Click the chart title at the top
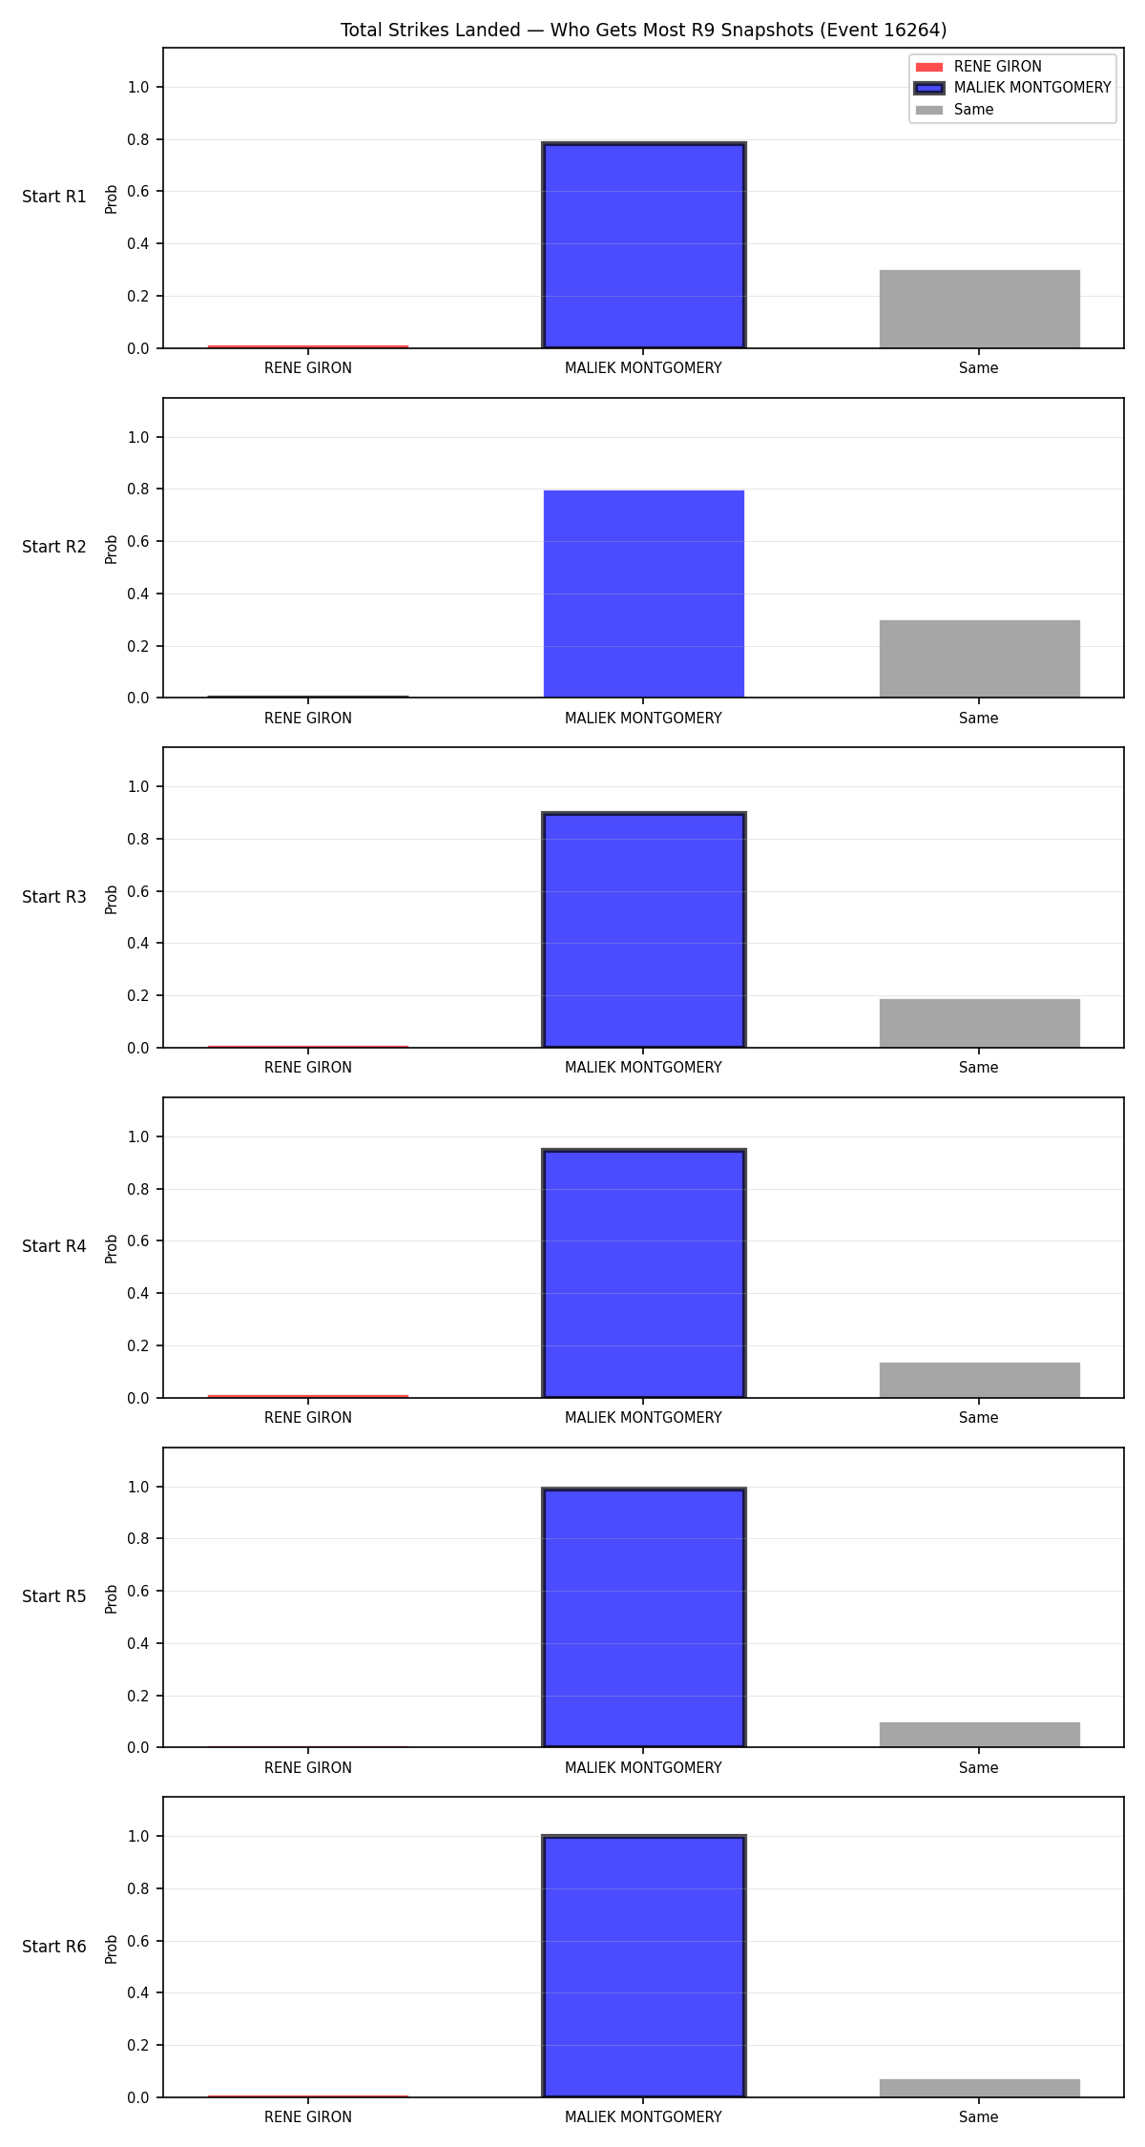tap(643, 31)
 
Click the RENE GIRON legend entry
tap(978, 67)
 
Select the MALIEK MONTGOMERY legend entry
tap(1012, 88)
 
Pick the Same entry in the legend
tap(954, 110)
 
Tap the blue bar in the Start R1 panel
tap(643, 245)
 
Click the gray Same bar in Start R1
tap(979, 309)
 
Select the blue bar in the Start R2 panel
tap(643, 594)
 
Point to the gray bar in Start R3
tap(979, 1023)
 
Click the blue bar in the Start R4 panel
tap(643, 1274)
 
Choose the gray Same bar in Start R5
tap(979, 1735)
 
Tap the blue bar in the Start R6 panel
tap(643, 1967)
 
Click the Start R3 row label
tap(54, 897)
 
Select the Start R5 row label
tap(54, 1596)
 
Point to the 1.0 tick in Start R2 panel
tap(138, 437)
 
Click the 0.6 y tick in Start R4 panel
tap(138, 1241)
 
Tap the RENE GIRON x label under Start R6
tap(308, 2117)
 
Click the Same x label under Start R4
tap(979, 1418)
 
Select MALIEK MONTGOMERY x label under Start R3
tap(643, 1068)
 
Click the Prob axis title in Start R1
tap(112, 198)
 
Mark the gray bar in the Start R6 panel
tap(979, 2088)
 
